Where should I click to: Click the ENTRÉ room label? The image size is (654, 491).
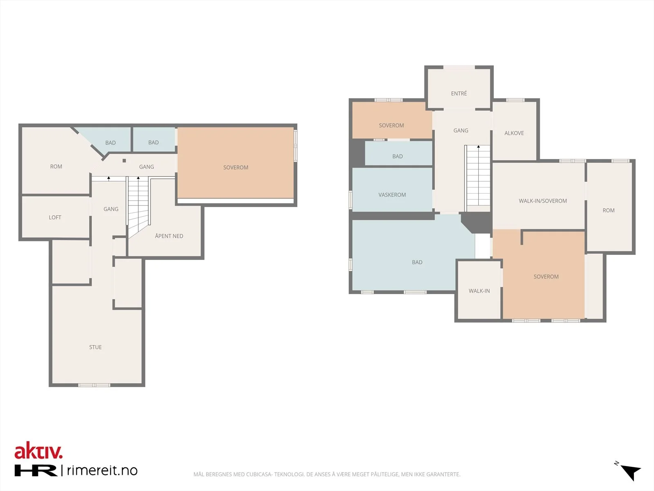[x=459, y=93]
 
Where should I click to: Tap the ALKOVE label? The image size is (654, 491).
[x=514, y=133]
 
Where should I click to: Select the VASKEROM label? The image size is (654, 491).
[x=392, y=195]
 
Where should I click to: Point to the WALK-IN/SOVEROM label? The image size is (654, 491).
[x=542, y=200]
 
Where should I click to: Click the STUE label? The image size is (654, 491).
[x=95, y=347]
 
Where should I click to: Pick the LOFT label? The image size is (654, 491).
[x=55, y=217]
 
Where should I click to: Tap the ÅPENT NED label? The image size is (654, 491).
[x=169, y=236]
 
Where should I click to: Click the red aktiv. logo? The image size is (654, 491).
[x=38, y=450]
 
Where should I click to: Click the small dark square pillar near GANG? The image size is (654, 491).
[x=124, y=161]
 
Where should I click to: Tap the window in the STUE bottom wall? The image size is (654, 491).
[x=94, y=385]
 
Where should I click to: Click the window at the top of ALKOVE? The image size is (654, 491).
[x=515, y=100]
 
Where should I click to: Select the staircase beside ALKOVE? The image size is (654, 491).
[x=477, y=178]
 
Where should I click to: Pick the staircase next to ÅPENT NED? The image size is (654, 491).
[x=138, y=206]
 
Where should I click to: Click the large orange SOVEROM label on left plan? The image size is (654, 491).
[x=236, y=167]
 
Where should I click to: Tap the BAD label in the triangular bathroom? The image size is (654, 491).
[x=110, y=142]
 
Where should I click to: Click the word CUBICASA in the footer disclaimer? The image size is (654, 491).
[x=259, y=474]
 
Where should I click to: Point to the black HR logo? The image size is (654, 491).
[x=36, y=471]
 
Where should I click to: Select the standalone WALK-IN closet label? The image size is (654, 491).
[x=479, y=291]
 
